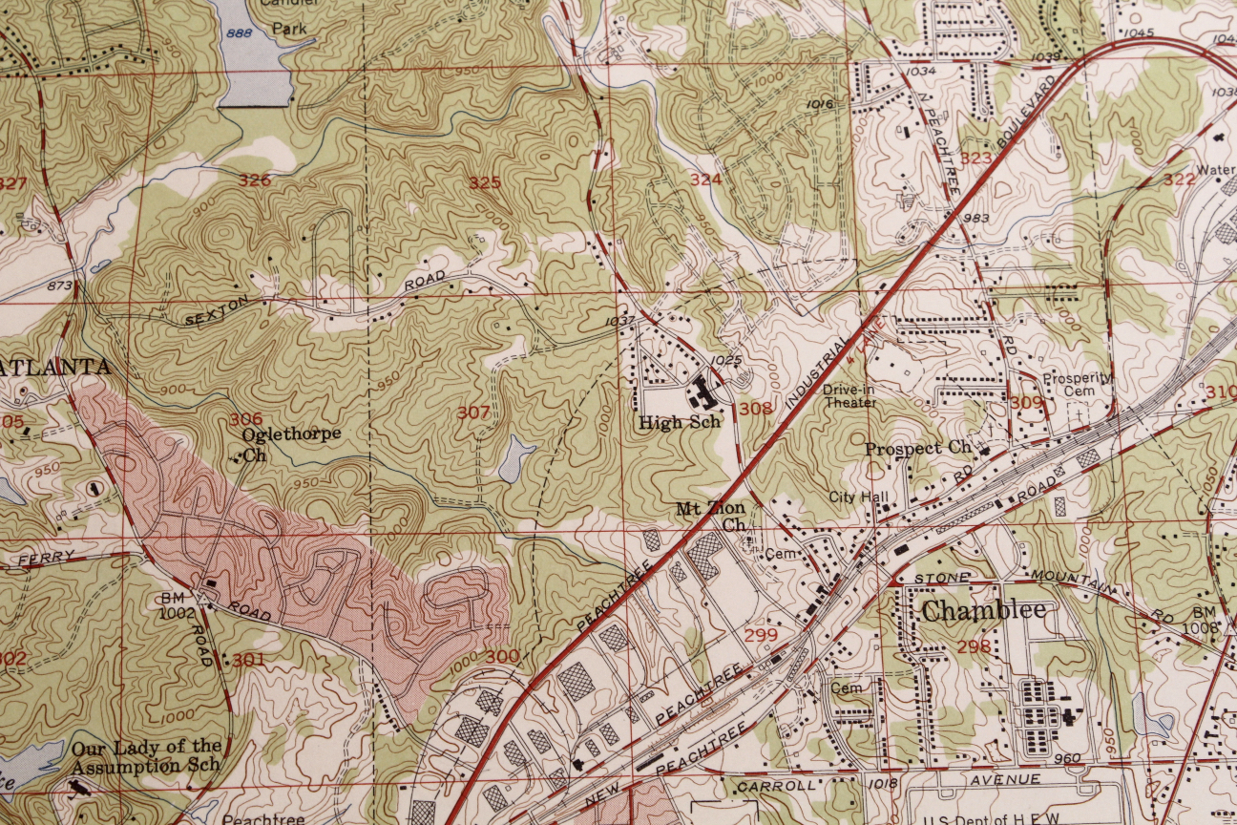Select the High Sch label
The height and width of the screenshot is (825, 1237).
click(680, 422)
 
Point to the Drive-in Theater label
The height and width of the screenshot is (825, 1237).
click(850, 396)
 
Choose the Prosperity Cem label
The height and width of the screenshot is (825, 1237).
click(1077, 384)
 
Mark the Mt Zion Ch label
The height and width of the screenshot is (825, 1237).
click(711, 517)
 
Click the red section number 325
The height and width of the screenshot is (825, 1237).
click(485, 182)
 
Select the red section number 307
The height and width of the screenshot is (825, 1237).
click(473, 412)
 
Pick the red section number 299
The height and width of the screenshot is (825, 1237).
click(760, 635)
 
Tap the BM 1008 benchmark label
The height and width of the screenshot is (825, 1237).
click(1205, 620)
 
